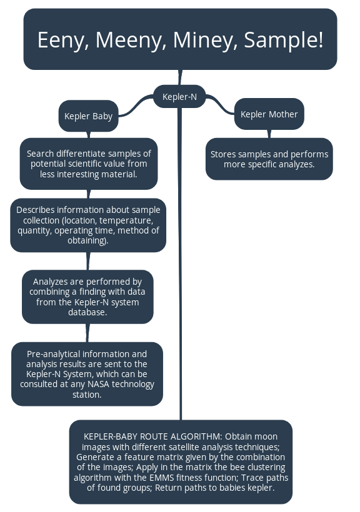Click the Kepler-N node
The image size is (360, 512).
(179, 97)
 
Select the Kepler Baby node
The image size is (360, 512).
(88, 116)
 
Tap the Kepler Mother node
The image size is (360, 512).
(269, 114)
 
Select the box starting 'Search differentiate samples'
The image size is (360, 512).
(88, 164)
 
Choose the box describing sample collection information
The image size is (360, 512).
(88, 225)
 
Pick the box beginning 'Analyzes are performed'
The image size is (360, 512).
(87, 297)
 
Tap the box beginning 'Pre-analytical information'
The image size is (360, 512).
(87, 374)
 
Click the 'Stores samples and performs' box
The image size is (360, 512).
(269, 159)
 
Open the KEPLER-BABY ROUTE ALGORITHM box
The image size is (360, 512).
(181, 461)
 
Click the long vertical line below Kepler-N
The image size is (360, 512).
(181, 262)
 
